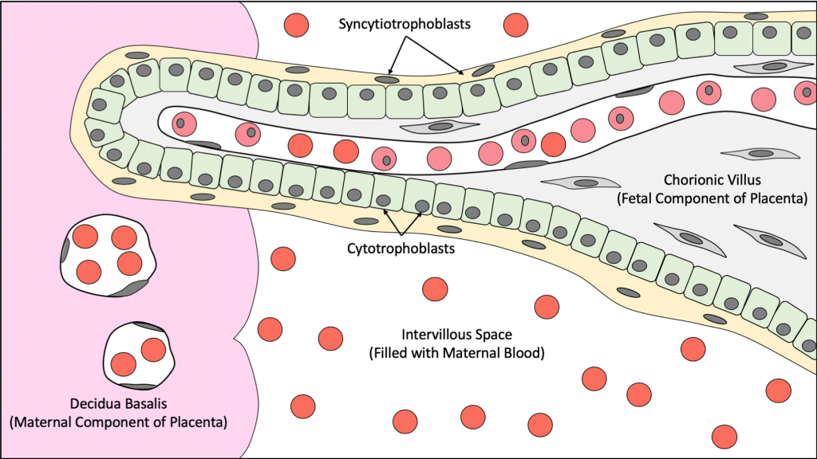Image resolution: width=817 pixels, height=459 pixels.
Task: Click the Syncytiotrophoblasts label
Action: click(x=403, y=24)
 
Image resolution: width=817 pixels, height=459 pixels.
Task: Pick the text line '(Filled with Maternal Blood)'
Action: click(x=457, y=352)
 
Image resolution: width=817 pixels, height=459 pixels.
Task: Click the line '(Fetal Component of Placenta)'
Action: click(x=713, y=197)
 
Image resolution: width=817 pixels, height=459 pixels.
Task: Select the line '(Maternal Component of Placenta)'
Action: click(x=118, y=422)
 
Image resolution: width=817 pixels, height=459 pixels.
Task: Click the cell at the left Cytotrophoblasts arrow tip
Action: click(x=387, y=192)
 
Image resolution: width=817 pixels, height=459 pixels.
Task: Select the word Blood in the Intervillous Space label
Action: click(x=523, y=352)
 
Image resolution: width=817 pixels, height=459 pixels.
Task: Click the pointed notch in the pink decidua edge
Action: click(x=238, y=340)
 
